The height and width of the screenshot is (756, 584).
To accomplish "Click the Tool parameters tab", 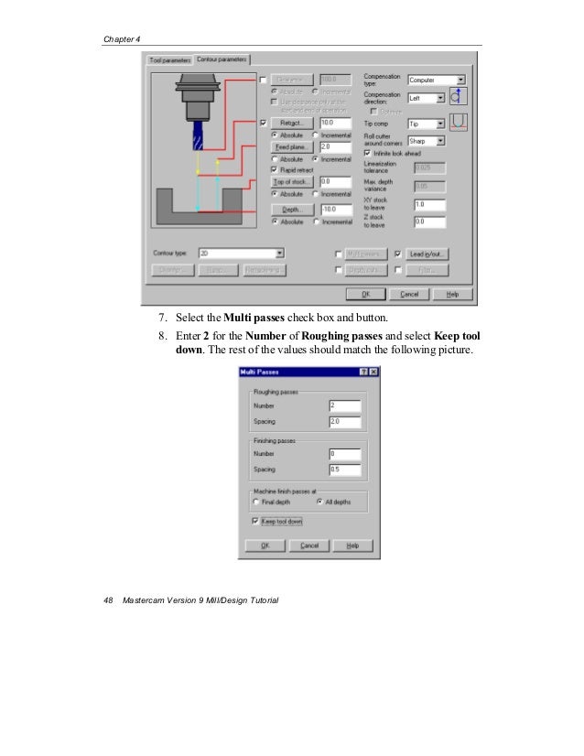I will coord(171,60).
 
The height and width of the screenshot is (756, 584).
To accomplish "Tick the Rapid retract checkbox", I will coord(276,169).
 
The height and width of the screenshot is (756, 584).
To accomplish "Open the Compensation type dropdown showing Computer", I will coord(436,80).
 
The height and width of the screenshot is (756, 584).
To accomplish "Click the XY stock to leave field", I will coord(429,204).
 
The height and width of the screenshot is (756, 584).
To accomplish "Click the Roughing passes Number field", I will coord(345,405).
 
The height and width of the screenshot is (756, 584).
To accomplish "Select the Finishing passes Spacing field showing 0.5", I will coord(345,470).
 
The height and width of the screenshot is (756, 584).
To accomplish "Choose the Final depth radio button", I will coord(256,502).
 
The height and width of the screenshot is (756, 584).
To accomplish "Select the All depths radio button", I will coord(319,502).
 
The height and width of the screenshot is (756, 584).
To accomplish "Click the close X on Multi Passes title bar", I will coord(373,372).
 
